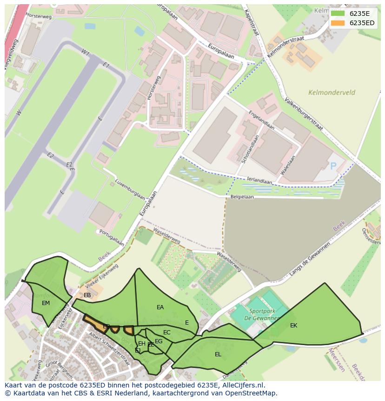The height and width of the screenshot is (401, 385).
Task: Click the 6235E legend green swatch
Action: point(338,13)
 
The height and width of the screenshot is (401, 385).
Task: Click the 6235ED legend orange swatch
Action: point(338,23)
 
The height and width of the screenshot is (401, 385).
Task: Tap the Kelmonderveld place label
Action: point(332,92)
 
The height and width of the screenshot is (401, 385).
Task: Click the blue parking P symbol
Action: point(333,166)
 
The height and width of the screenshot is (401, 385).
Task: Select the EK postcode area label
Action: point(293,326)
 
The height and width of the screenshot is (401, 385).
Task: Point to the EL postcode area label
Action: point(218,354)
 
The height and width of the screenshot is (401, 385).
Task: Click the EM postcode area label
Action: point(46,303)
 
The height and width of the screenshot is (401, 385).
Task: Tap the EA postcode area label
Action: point(160,307)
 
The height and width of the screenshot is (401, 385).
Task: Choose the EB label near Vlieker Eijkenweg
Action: point(87,295)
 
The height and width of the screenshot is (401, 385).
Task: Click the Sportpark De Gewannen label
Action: point(264,314)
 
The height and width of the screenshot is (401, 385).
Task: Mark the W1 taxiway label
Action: point(86,52)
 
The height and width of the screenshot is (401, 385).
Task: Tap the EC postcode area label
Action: point(167,333)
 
